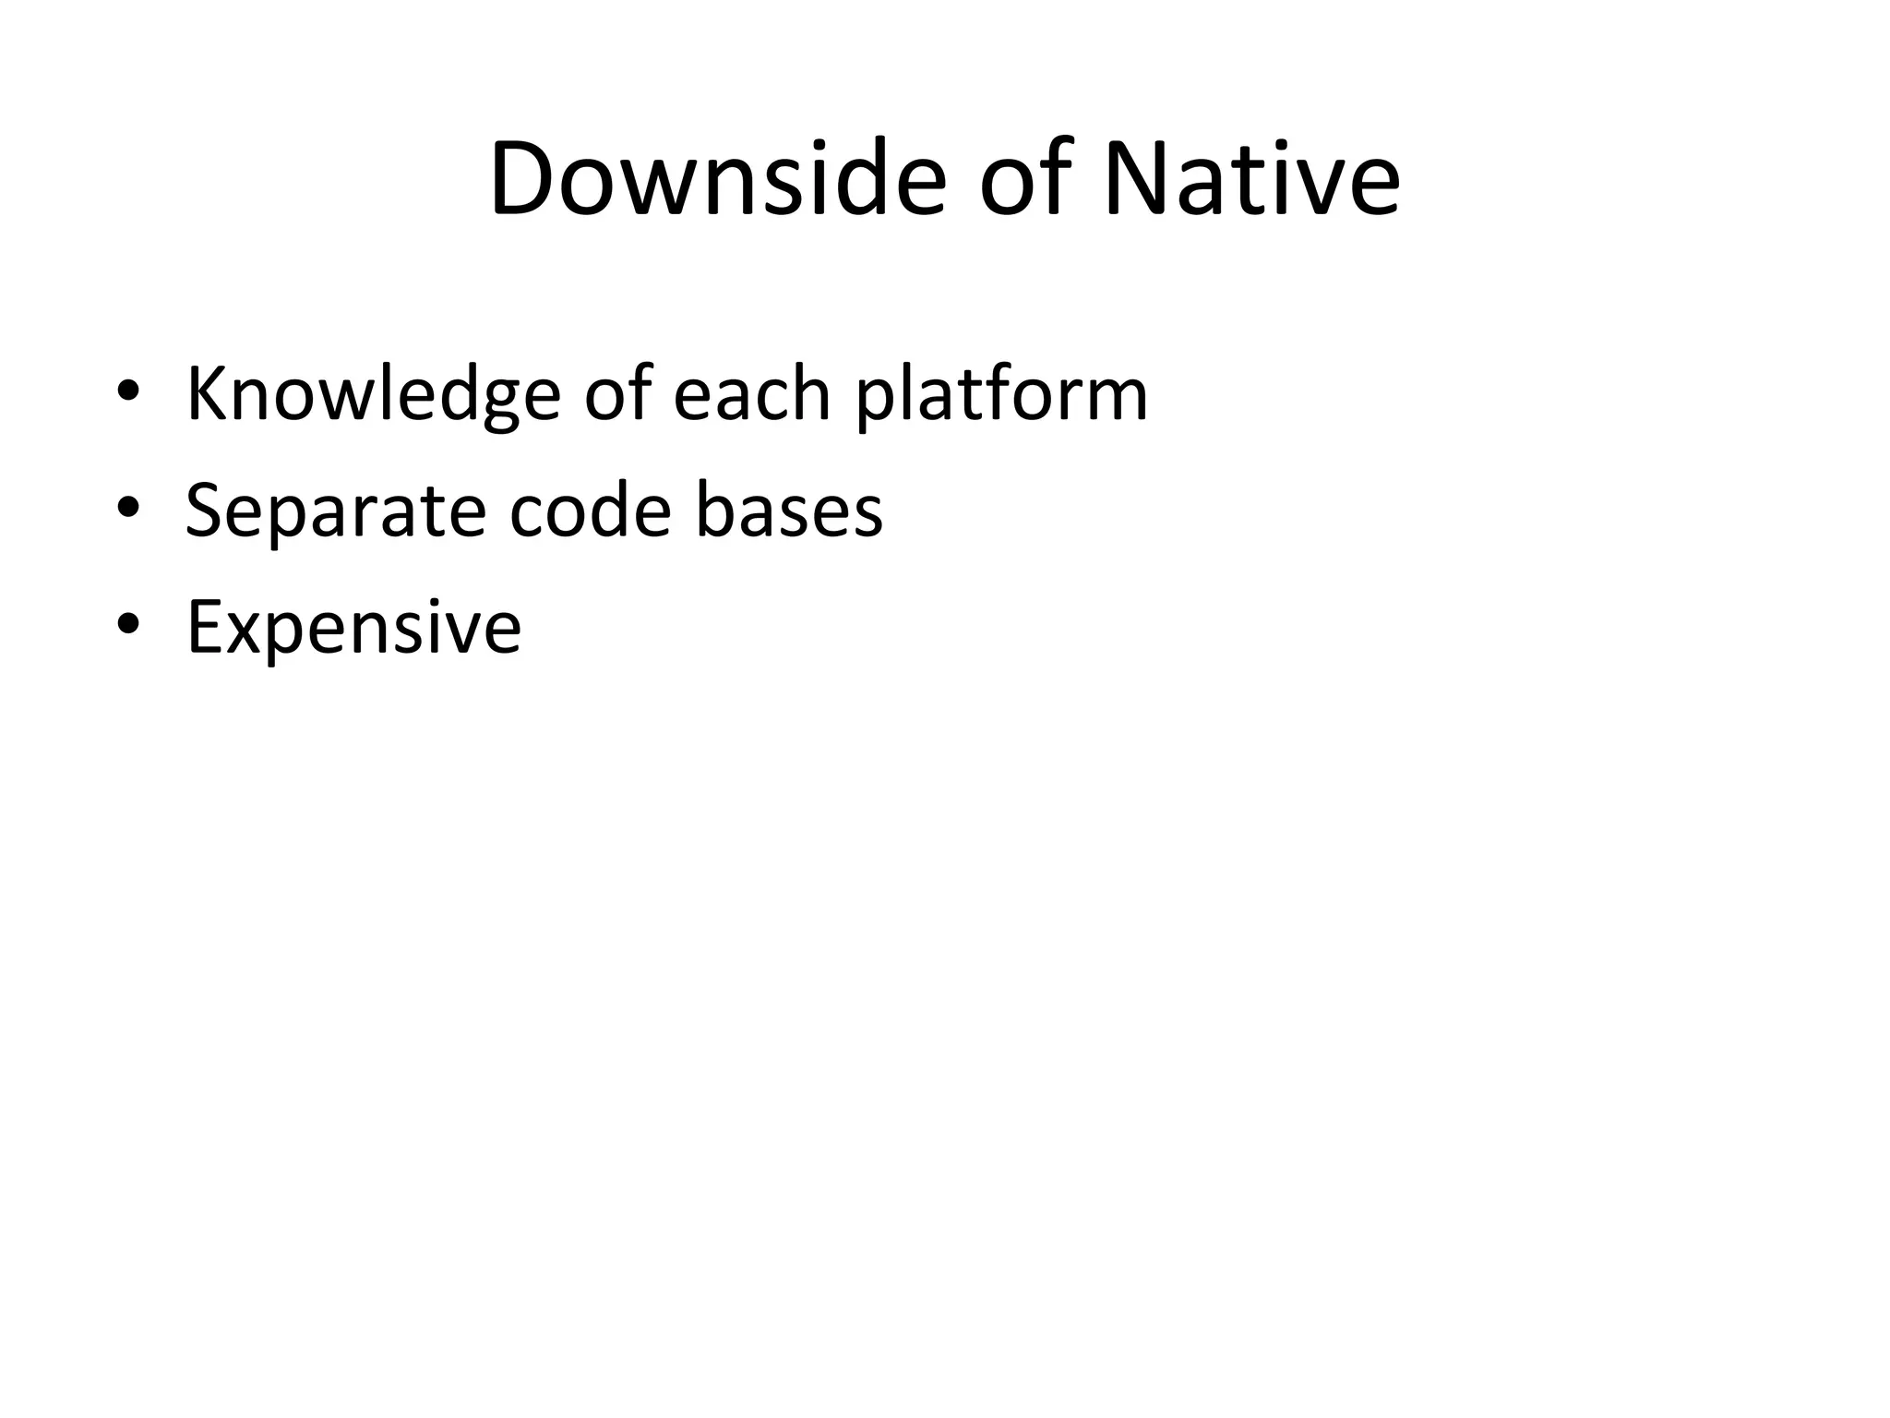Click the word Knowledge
tap(373, 395)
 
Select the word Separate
tap(335, 511)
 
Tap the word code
tap(590, 511)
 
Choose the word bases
tap(789, 511)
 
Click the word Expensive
tap(353, 628)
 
